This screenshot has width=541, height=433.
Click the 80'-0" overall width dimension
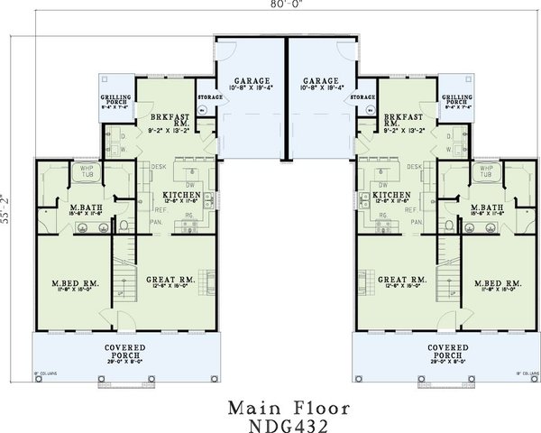[x=270, y=5]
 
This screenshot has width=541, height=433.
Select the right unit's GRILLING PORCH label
[x=454, y=99]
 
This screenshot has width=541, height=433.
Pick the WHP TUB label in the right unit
[x=486, y=171]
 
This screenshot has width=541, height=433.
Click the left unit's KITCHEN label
[x=180, y=194]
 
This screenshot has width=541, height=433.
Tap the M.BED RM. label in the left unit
[x=74, y=285]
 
